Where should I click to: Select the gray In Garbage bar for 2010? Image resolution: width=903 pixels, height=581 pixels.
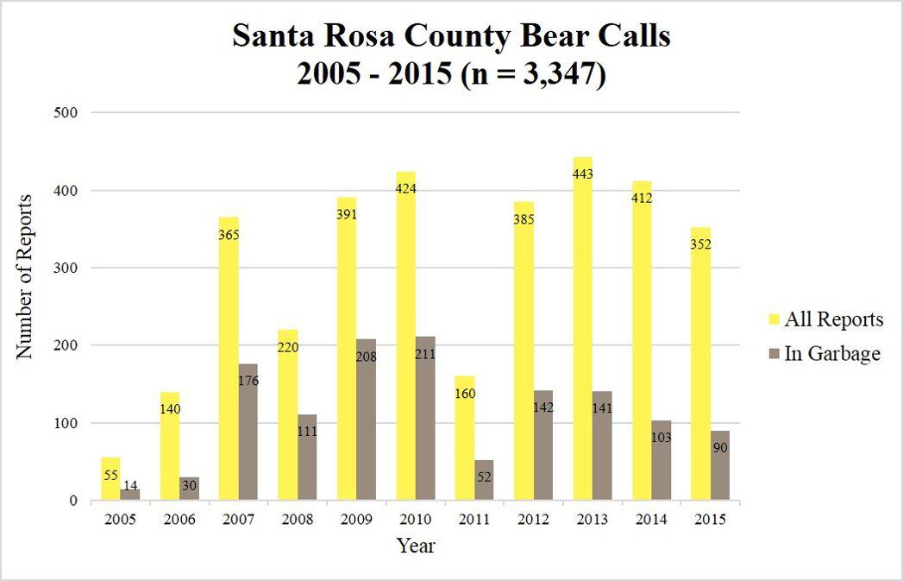425,427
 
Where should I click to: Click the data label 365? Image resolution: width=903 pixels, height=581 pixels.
229,235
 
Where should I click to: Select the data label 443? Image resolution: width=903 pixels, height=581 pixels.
583,174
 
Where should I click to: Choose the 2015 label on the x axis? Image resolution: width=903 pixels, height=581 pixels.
709,519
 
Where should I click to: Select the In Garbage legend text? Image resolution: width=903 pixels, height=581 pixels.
833,353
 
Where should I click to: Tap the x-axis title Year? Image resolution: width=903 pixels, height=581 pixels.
416,546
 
